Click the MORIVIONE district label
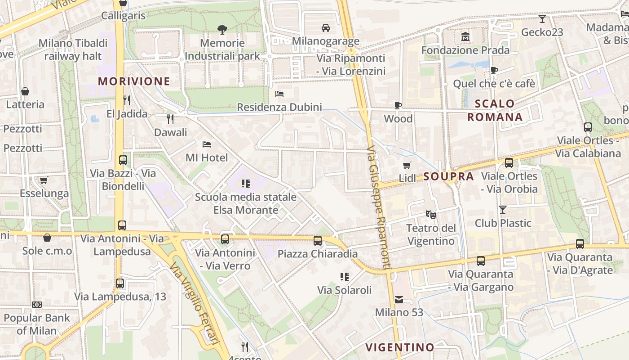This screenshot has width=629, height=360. pyautogui.click(x=134, y=81)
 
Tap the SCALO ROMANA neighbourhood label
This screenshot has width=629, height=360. pyautogui.click(x=495, y=110)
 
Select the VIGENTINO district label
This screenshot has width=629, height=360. pyautogui.click(x=399, y=347)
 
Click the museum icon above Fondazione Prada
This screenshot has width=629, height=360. pyautogui.click(x=465, y=36)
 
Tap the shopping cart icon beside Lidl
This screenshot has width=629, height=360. pyautogui.click(x=407, y=165)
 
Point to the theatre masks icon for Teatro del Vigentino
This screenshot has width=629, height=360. pyautogui.click(x=431, y=214)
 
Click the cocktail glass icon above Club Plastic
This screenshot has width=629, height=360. pyautogui.click(x=503, y=210)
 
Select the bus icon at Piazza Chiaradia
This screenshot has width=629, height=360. pyautogui.click(x=318, y=240)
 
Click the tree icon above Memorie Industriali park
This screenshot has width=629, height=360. pyautogui.click(x=222, y=30)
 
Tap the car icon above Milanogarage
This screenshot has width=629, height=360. pyautogui.click(x=326, y=28)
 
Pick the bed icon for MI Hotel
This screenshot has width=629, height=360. pyautogui.click(x=207, y=144)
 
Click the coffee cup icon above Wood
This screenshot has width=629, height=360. pyautogui.click(x=398, y=105)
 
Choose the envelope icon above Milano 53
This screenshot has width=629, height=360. pyautogui.click(x=399, y=299)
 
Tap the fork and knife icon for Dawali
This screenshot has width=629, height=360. pyautogui.click(x=170, y=119)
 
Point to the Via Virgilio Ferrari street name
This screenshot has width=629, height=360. pyautogui.click(x=195, y=304)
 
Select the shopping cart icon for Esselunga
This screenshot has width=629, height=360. pyautogui.click(x=44, y=180)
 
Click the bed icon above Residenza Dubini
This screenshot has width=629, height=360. pyautogui.click(x=279, y=94)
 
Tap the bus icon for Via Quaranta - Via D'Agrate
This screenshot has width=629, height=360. pyautogui.click(x=580, y=244)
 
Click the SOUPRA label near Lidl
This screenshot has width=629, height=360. pyautogui.click(x=448, y=177)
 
